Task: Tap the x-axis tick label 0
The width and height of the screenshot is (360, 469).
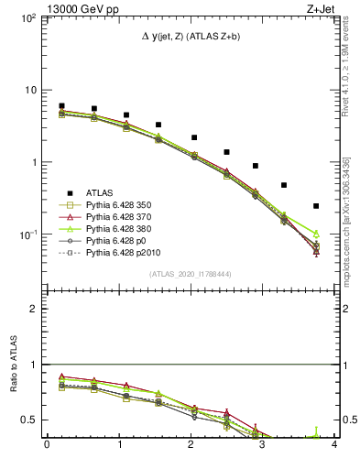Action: coord(47,445)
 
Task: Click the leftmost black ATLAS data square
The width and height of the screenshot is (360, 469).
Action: coord(61,106)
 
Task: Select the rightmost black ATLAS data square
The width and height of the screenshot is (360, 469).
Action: coord(316,206)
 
